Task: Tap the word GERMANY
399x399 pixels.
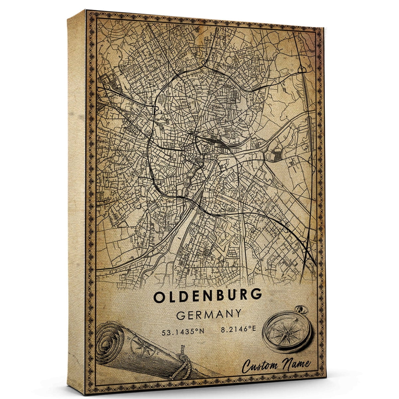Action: pyautogui.click(x=209, y=314)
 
